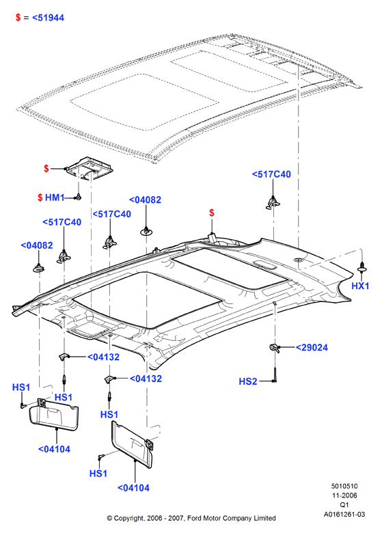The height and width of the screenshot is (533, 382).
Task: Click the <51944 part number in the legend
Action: [48, 18]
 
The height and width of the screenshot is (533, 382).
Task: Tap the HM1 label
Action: [55, 197]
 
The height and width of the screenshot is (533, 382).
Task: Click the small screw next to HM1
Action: [78, 197]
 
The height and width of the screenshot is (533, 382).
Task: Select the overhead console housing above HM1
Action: [90, 168]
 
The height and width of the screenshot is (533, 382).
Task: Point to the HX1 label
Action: [360, 286]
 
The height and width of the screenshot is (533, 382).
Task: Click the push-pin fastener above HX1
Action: [362, 267]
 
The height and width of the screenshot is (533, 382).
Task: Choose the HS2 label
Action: [248, 381]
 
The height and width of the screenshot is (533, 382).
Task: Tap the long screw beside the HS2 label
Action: [275, 374]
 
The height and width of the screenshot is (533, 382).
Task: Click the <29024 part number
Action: [312, 347]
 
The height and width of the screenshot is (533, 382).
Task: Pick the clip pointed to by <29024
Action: [275, 348]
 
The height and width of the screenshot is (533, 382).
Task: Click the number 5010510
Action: [344, 487]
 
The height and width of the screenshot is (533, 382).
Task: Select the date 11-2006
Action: [344, 495]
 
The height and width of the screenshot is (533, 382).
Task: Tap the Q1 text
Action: [344, 505]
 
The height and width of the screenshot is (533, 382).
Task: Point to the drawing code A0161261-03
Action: [344, 515]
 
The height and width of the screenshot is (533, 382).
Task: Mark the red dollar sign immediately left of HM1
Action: [40, 197]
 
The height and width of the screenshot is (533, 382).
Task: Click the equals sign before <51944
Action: [26, 18]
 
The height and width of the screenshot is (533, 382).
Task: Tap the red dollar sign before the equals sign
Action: [18, 18]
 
